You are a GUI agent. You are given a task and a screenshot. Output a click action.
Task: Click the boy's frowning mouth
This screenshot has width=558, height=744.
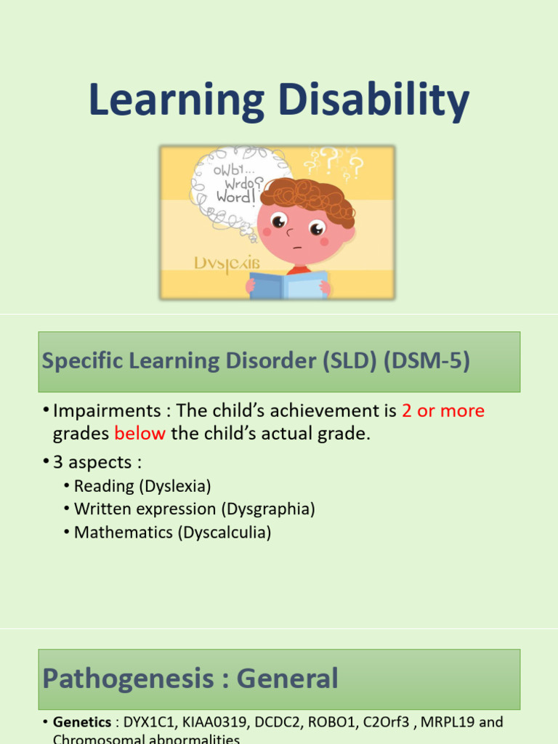(x=297, y=247)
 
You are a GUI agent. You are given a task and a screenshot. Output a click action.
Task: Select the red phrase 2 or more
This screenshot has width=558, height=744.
(x=443, y=411)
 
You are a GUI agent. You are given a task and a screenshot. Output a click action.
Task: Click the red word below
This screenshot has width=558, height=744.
(x=140, y=434)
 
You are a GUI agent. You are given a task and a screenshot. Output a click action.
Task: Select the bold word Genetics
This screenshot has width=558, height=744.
(x=82, y=722)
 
